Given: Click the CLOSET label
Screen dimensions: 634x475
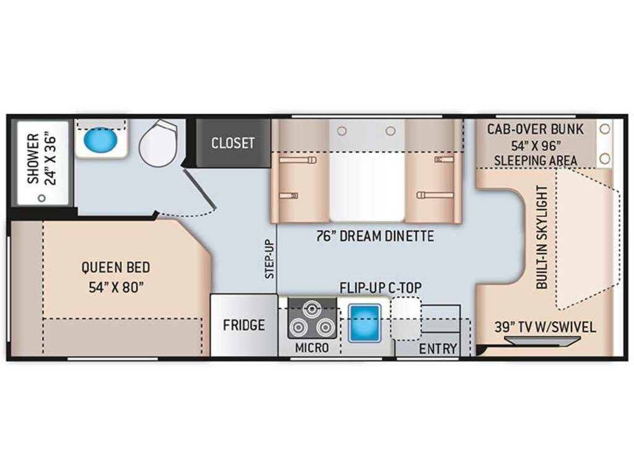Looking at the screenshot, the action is click(x=233, y=143).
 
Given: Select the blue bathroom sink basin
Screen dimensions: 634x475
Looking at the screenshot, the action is click(x=100, y=139).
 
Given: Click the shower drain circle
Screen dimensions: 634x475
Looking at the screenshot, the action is click(x=41, y=199).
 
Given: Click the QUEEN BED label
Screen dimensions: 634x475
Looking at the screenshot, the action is click(x=116, y=267).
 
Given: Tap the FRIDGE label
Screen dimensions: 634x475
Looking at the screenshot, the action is click(x=244, y=325).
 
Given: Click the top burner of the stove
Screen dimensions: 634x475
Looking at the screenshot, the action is click(x=312, y=310).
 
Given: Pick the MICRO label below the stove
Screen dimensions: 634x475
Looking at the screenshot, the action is click(x=312, y=348).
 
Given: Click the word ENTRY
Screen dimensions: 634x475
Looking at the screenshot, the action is click(x=438, y=349).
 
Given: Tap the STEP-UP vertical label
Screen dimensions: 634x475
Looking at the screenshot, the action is click(x=270, y=259).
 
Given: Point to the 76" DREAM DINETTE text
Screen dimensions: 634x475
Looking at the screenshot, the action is click(x=375, y=236).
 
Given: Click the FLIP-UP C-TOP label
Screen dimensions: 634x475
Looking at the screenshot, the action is click(x=381, y=288).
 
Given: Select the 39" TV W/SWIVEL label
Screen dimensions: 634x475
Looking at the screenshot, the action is click(x=545, y=327).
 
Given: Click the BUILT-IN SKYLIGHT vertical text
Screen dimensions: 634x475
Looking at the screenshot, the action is click(x=542, y=237).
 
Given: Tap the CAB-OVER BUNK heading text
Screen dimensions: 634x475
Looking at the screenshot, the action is click(x=536, y=129).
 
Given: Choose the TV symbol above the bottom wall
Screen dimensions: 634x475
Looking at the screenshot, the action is click(x=542, y=342).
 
